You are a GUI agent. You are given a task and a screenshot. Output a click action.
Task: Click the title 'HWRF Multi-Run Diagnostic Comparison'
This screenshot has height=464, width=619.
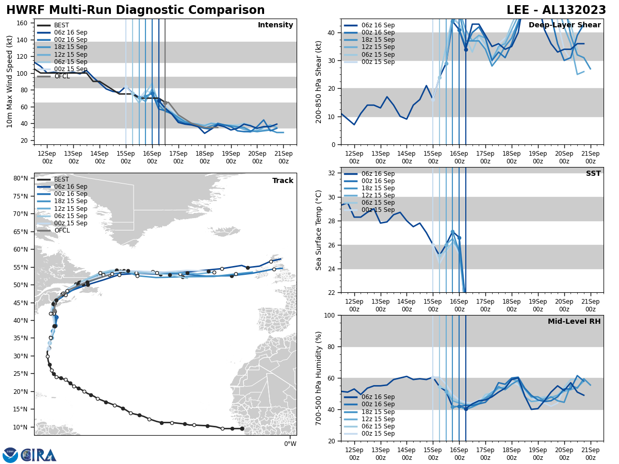135,10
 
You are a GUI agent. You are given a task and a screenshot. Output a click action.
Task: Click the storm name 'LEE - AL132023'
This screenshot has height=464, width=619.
556,10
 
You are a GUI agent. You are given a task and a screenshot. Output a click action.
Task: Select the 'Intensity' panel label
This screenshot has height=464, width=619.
275,25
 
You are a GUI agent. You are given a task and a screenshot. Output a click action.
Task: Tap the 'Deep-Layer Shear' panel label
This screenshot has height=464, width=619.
564,25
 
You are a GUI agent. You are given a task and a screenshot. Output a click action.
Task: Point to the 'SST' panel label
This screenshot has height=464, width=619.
593,174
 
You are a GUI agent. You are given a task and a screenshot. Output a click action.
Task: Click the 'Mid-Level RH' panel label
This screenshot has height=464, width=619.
574,322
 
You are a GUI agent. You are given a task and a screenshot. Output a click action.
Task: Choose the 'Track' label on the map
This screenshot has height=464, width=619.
283,181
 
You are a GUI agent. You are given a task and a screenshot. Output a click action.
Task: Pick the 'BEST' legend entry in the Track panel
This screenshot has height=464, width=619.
61,179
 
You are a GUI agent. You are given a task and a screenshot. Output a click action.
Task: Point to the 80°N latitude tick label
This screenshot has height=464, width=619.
21,178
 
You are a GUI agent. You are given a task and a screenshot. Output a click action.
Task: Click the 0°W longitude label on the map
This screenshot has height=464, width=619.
290,444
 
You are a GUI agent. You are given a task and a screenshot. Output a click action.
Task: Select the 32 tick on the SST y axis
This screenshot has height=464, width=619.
331,173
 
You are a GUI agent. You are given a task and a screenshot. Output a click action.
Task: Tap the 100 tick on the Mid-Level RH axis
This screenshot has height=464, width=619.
329,315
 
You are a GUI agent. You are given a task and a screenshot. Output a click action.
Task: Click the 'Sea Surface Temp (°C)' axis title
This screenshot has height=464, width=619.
319,230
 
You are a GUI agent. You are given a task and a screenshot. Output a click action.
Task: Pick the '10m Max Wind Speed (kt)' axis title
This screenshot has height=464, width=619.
10,81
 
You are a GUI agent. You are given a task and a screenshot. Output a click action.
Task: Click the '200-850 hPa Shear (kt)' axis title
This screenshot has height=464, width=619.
319,81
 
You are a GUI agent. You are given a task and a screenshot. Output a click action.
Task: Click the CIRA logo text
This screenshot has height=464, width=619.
39,455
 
